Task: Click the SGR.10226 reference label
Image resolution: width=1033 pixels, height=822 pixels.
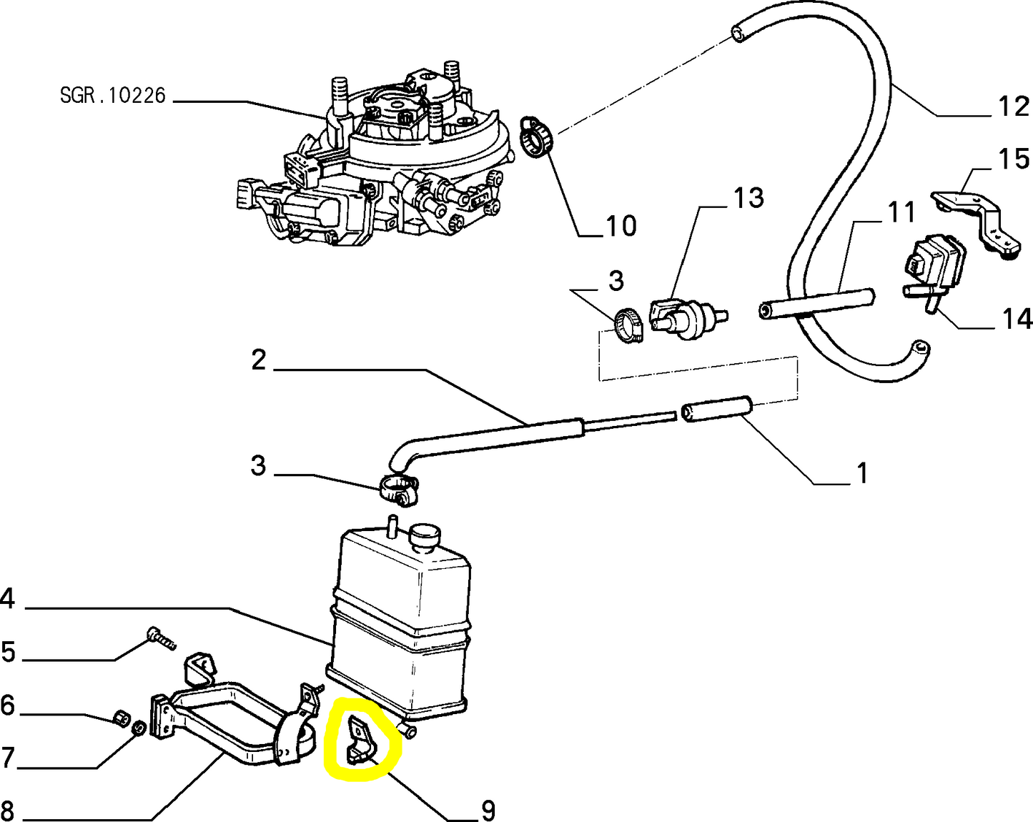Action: (113, 95)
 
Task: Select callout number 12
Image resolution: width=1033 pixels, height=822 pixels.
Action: (1013, 107)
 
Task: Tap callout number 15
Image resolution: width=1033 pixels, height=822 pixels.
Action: (1014, 159)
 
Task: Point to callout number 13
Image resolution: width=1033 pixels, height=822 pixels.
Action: (748, 198)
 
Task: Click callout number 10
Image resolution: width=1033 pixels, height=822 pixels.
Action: (621, 226)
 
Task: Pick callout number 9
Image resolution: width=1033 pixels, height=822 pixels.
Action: (488, 811)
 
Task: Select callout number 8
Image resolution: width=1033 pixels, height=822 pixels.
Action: (8, 811)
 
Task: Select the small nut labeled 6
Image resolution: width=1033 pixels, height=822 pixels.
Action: (122, 717)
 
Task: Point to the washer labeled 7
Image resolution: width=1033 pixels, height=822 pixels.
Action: (139, 728)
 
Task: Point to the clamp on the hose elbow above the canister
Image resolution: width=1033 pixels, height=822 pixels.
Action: (397, 490)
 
